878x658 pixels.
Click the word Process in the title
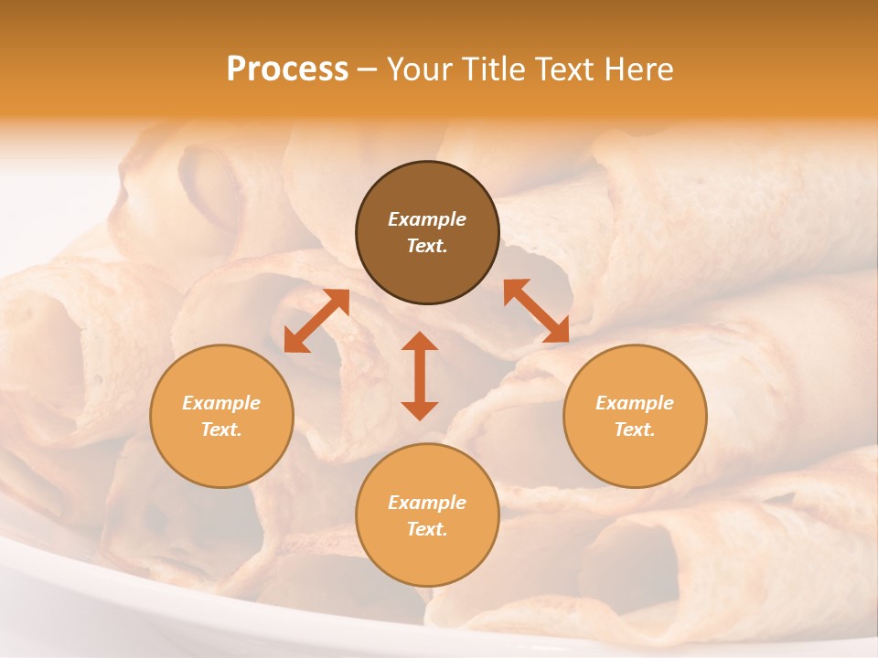(x=287, y=69)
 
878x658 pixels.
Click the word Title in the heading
(x=490, y=69)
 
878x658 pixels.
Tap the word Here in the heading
(x=637, y=69)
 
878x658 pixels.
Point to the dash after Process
(x=367, y=70)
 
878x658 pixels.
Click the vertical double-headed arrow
(x=420, y=376)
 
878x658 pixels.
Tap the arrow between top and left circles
(x=316, y=321)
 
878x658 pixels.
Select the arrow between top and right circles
(x=537, y=311)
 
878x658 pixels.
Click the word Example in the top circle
(x=427, y=219)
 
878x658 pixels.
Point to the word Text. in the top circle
(x=427, y=246)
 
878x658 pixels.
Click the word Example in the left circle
(x=221, y=403)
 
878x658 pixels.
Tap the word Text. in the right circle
(x=635, y=430)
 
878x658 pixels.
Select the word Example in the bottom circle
(x=427, y=503)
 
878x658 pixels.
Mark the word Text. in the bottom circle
(x=427, y=529)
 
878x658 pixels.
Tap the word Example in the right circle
(x=635, y=403)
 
